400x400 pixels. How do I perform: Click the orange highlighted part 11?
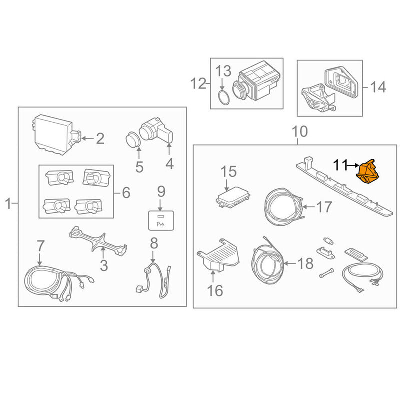(x=367, y=172)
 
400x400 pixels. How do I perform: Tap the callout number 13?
(x=223, y=71)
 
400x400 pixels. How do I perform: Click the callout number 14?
(x=378, y=87)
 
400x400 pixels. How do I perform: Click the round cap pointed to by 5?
(x=133, y=140)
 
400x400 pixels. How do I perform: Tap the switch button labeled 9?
(x=161, y=220)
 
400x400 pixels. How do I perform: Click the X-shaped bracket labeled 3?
(x=98, y=241)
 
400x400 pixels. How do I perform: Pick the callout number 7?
(x=41, y=246)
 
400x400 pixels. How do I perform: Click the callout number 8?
(x=154, y=243)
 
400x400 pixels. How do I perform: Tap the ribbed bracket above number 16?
(x=218, y=254)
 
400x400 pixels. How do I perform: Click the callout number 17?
(x=324, y=207)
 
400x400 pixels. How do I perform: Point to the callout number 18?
(x=306, y=263)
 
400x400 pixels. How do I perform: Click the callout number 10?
(x=300, y=131)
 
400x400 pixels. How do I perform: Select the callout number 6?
(x=126, y=193)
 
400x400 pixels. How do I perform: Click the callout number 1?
(x=8, y=204)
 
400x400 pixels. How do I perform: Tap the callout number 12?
(x=198, y=83)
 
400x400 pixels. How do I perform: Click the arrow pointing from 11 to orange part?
(x=353, y=165)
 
